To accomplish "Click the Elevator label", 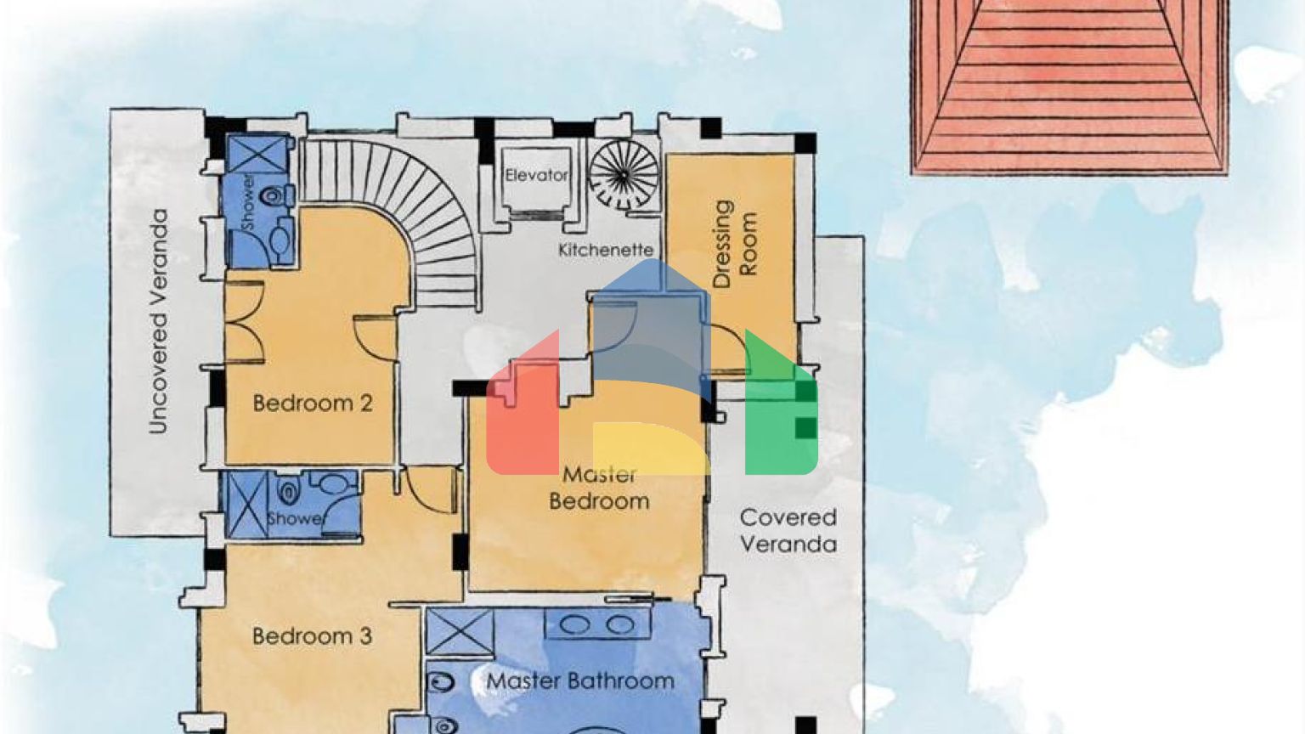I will (x=536, y=175).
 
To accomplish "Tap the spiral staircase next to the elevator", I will (x=623, y=173).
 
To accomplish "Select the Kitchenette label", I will (x=606, y=250).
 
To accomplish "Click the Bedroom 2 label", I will (x=313, y=403).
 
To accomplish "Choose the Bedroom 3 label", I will (x=312, y=635).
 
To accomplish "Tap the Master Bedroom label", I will (x=599, y=488).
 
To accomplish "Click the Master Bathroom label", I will (x=580, y=680).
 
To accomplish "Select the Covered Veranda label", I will (x=788, y=530).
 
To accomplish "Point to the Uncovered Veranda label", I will (x=158, y=322).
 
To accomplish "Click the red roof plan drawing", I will (x=1069, y=85).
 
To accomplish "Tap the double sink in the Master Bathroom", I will (x=598, y=625).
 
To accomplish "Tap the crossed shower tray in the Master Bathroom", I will (x=459, y=632).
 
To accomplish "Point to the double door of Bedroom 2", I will (x=243, y=323).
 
